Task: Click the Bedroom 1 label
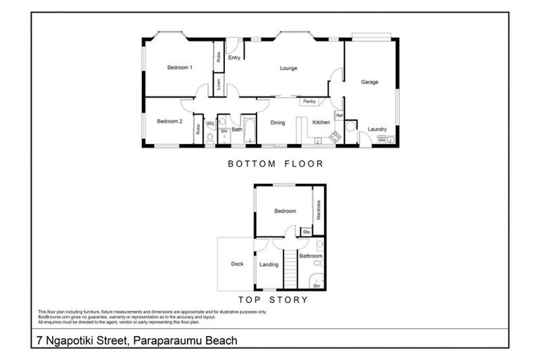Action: click(x=180, y=67)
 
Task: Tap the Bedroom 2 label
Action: click(x=169, y=121)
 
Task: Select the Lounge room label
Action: click(x=288, y=68)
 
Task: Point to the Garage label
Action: click(x=370, y=82)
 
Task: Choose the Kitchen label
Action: click(x=321, y=122)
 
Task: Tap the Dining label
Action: click(x=278, y=122)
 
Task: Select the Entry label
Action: click(x=234, y=58)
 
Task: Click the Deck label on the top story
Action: click(x=237, y=264)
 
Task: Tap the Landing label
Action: click(x=269, y=265)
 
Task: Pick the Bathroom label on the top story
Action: click(x=310, y=257)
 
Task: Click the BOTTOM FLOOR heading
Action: click(x=275, y=164)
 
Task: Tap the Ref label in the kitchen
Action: click(x=338, y=115)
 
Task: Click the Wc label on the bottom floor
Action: click(x=210, y=124)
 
